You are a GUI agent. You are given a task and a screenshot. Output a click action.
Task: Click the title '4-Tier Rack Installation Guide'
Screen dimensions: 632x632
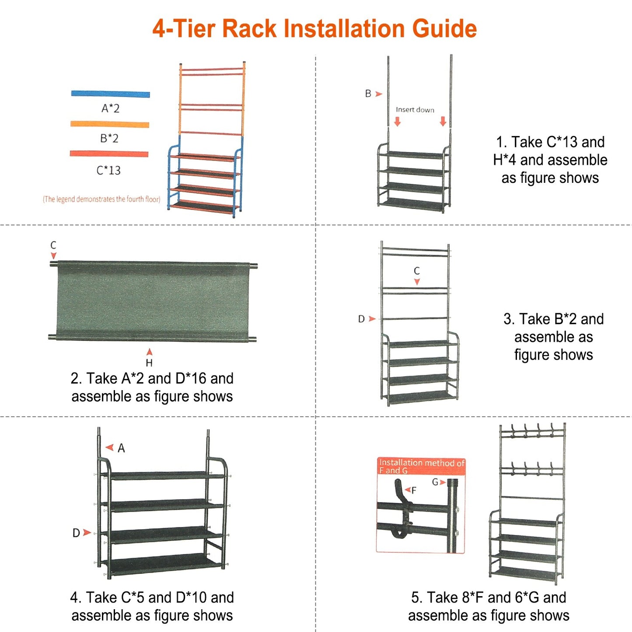[314, 29]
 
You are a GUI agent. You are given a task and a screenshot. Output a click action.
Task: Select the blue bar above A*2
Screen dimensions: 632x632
[111, 94]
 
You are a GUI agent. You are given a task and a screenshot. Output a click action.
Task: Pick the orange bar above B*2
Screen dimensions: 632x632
[110, 124]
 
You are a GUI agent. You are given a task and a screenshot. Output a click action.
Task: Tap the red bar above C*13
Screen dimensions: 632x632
[109, 154]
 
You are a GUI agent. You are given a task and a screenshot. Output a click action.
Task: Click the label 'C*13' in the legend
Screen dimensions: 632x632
[108, 170]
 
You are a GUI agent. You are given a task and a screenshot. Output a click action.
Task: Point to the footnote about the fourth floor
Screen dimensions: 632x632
[101, 199]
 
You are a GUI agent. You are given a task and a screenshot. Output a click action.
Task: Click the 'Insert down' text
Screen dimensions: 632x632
[415, 110]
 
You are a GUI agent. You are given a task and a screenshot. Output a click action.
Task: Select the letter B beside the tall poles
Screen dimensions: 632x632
[368, 94]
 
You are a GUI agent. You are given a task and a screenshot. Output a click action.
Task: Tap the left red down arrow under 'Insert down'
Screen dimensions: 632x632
[397, 121]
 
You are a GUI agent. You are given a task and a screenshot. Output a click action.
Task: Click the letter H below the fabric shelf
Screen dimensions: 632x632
[149, 363]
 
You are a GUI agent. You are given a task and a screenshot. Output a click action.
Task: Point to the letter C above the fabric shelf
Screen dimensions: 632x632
[53, 245]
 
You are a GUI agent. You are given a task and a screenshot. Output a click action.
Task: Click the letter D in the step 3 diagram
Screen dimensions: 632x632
[361, 319]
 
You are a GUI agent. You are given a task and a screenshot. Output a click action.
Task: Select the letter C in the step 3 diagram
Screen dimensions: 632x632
[417, 271]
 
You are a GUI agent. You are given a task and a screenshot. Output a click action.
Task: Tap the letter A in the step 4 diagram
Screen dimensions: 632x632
[121, 448]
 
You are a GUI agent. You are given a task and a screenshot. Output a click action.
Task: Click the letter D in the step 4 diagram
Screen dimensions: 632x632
[76, 533]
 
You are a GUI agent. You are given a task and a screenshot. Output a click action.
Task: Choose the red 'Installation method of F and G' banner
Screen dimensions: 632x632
[421, 466]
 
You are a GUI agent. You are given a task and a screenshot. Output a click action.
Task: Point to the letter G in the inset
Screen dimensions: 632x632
[435, 482]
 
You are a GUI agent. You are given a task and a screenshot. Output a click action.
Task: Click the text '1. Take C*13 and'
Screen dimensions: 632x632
[550, 142]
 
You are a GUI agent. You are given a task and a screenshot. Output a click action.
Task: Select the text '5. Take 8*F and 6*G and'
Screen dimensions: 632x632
[489, 597]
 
